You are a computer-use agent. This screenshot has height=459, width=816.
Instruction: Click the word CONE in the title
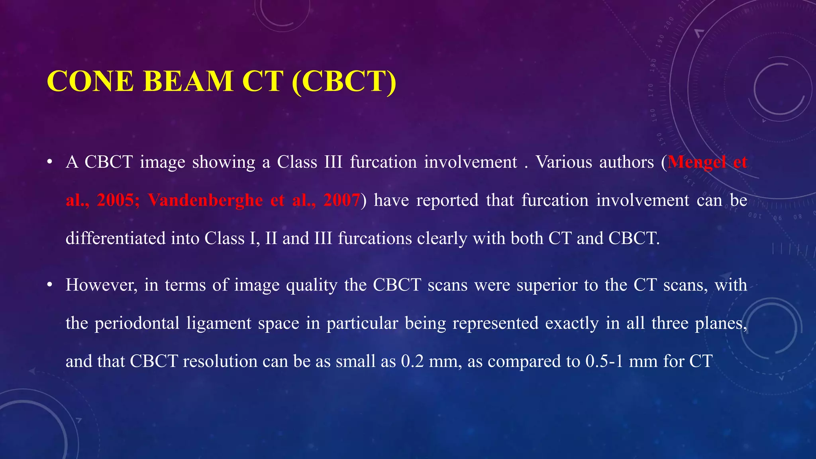click(x=90, y=81)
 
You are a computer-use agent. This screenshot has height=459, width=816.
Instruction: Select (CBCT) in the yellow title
click(x=344, y=81)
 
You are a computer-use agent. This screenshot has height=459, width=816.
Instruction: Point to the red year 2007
click(x=341, y=200)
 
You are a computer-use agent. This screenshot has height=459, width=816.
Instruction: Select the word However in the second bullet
click(x=101, y=285)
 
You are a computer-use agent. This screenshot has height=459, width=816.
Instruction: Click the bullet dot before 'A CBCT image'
click(x=49, y=162)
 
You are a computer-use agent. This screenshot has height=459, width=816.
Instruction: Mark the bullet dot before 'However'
click(x=49, y=285)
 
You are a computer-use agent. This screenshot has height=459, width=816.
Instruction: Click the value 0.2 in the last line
click(x=412, y=361)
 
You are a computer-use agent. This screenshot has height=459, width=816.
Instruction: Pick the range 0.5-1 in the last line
click(x=604, y=361)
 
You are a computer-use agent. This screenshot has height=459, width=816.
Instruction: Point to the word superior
click(x=547, y=285)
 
